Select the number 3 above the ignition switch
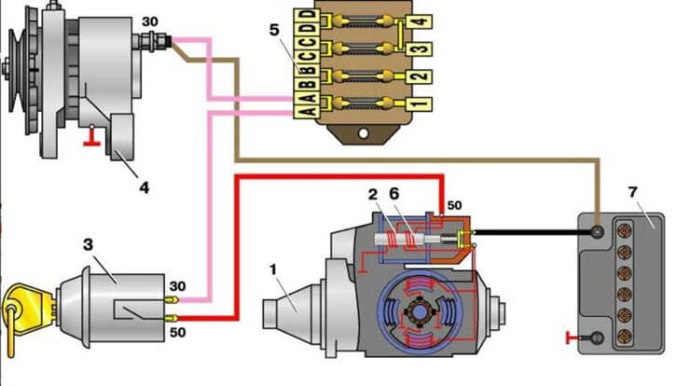click(88, 245)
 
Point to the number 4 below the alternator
click(144, 186)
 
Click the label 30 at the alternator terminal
click(148, 21)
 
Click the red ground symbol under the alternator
click(91, 140)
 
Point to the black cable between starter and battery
click(531, 231)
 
